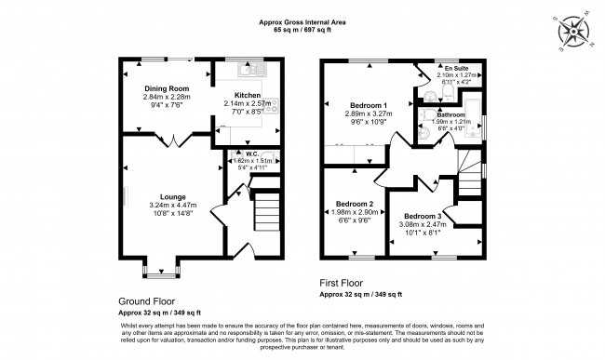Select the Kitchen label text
248,95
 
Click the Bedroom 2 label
354,204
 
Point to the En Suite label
455,67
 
